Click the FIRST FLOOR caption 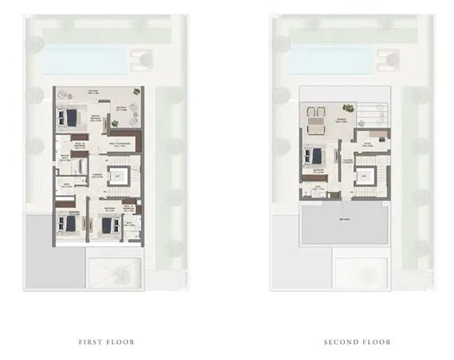coord(106,342)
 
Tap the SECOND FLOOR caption coord(357,342)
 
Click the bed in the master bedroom coord(69,117)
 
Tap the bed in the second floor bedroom coord(315,155)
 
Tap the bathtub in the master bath coord(80,165)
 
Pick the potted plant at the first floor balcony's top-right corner coord(135,92)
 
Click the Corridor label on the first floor coord(96,174)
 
